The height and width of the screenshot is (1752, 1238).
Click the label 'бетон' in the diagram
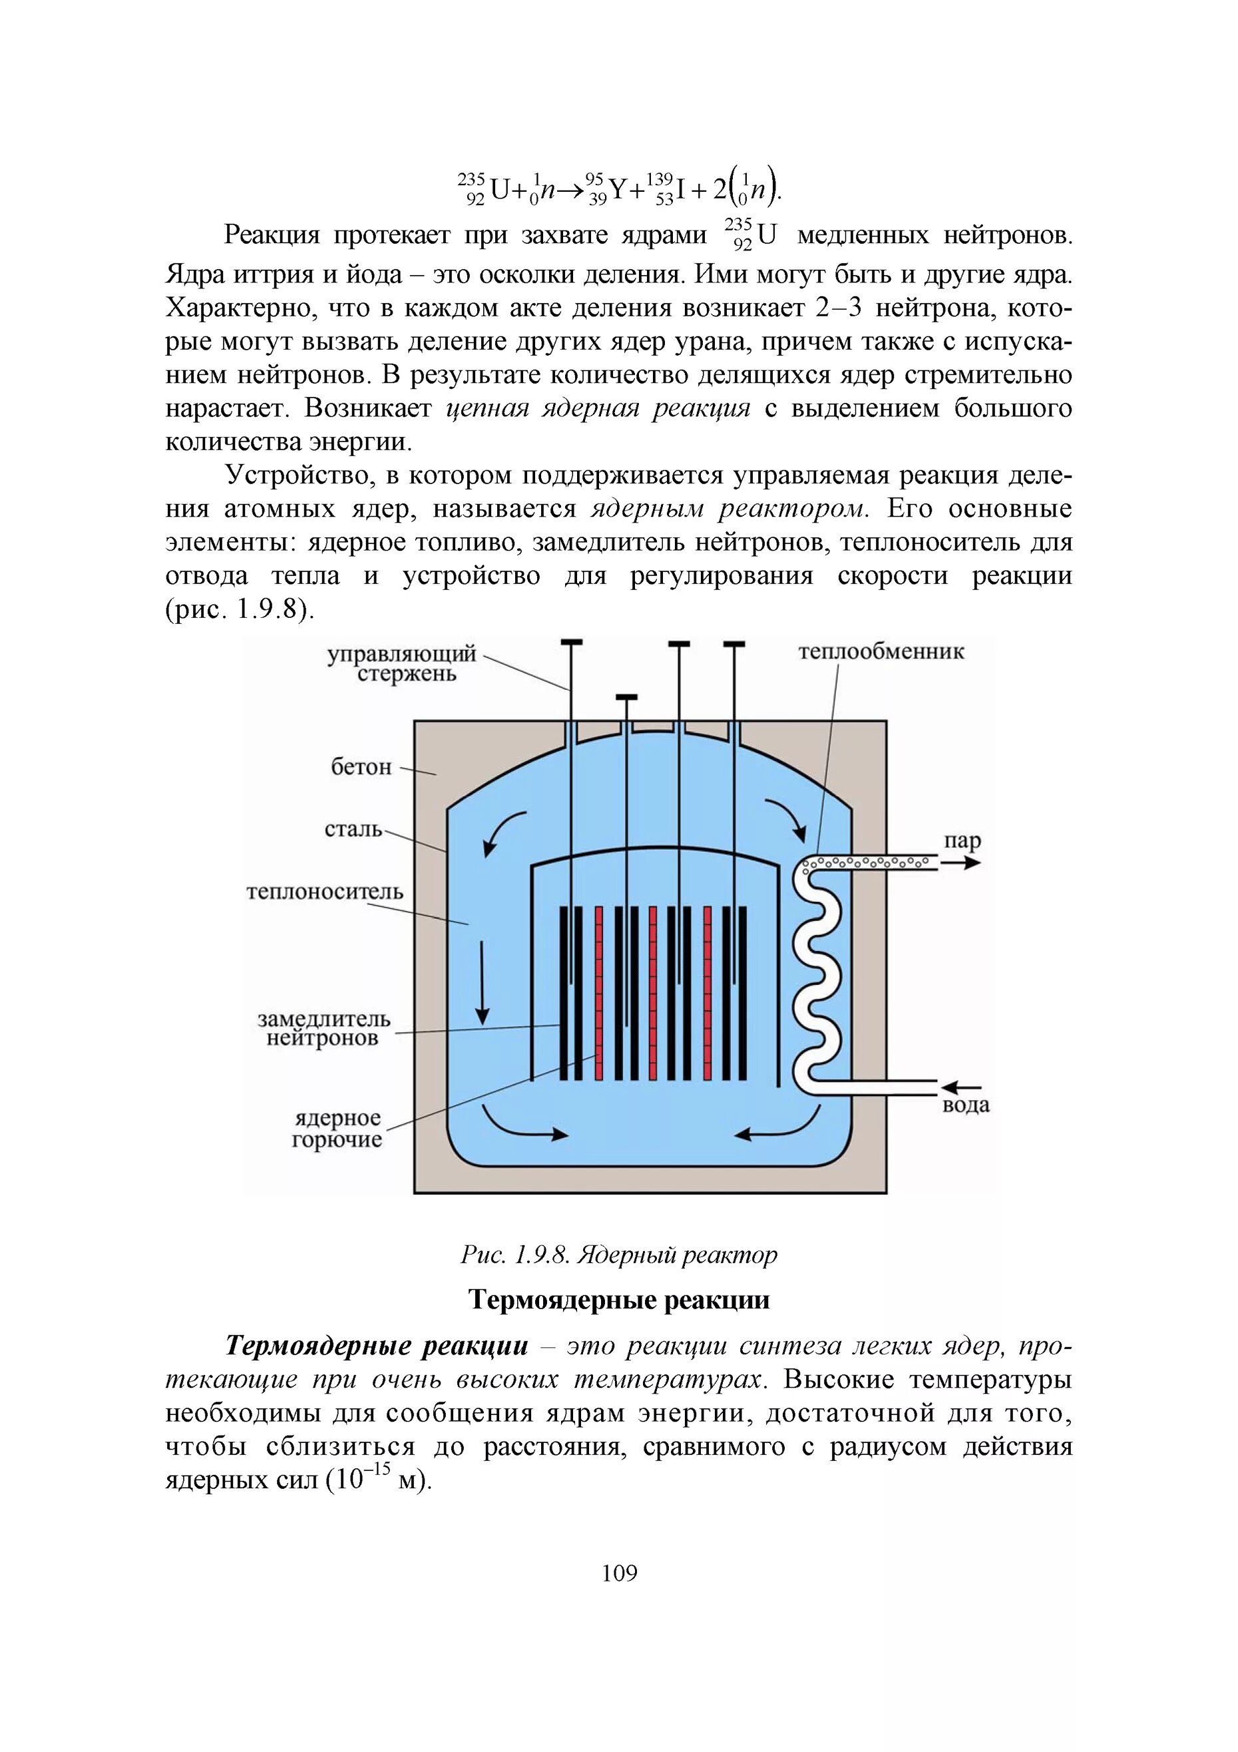pyautogui.click(x=361, y=767)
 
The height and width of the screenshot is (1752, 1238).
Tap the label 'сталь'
pyautogui.click(x=353, y=828)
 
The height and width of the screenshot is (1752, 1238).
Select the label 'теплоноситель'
pyautogui.click(x=325, y=891)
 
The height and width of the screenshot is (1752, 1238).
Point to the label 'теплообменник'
pyautogui.click(x=881, y=652)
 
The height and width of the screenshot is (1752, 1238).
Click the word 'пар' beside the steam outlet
pyautogui.click(x=962, y=840)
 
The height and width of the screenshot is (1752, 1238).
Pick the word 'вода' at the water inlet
pyautogui.click(x=966, y=1105)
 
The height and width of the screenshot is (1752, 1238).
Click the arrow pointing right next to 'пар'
pyautogui.click(x=960, y=863)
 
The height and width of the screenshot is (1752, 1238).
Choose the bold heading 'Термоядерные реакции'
pyautogui.click(x=618, y=1299)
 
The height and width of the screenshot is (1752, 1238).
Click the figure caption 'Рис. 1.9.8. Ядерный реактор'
pyautogui.click(x=618, y=1255)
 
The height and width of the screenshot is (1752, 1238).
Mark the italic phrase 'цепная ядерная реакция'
pyautogui.click(x=598, y=409)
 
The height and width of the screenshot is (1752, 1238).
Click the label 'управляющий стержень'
pyautogui.click(x=403, y=664)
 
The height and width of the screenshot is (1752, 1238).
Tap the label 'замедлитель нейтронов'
pyautogui.click(x=323, y=1029)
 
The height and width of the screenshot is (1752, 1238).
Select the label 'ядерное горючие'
pyautogui.click(x=337, y=1129)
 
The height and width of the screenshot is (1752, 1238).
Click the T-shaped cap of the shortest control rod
pyautogui.click(x=626, y=697)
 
